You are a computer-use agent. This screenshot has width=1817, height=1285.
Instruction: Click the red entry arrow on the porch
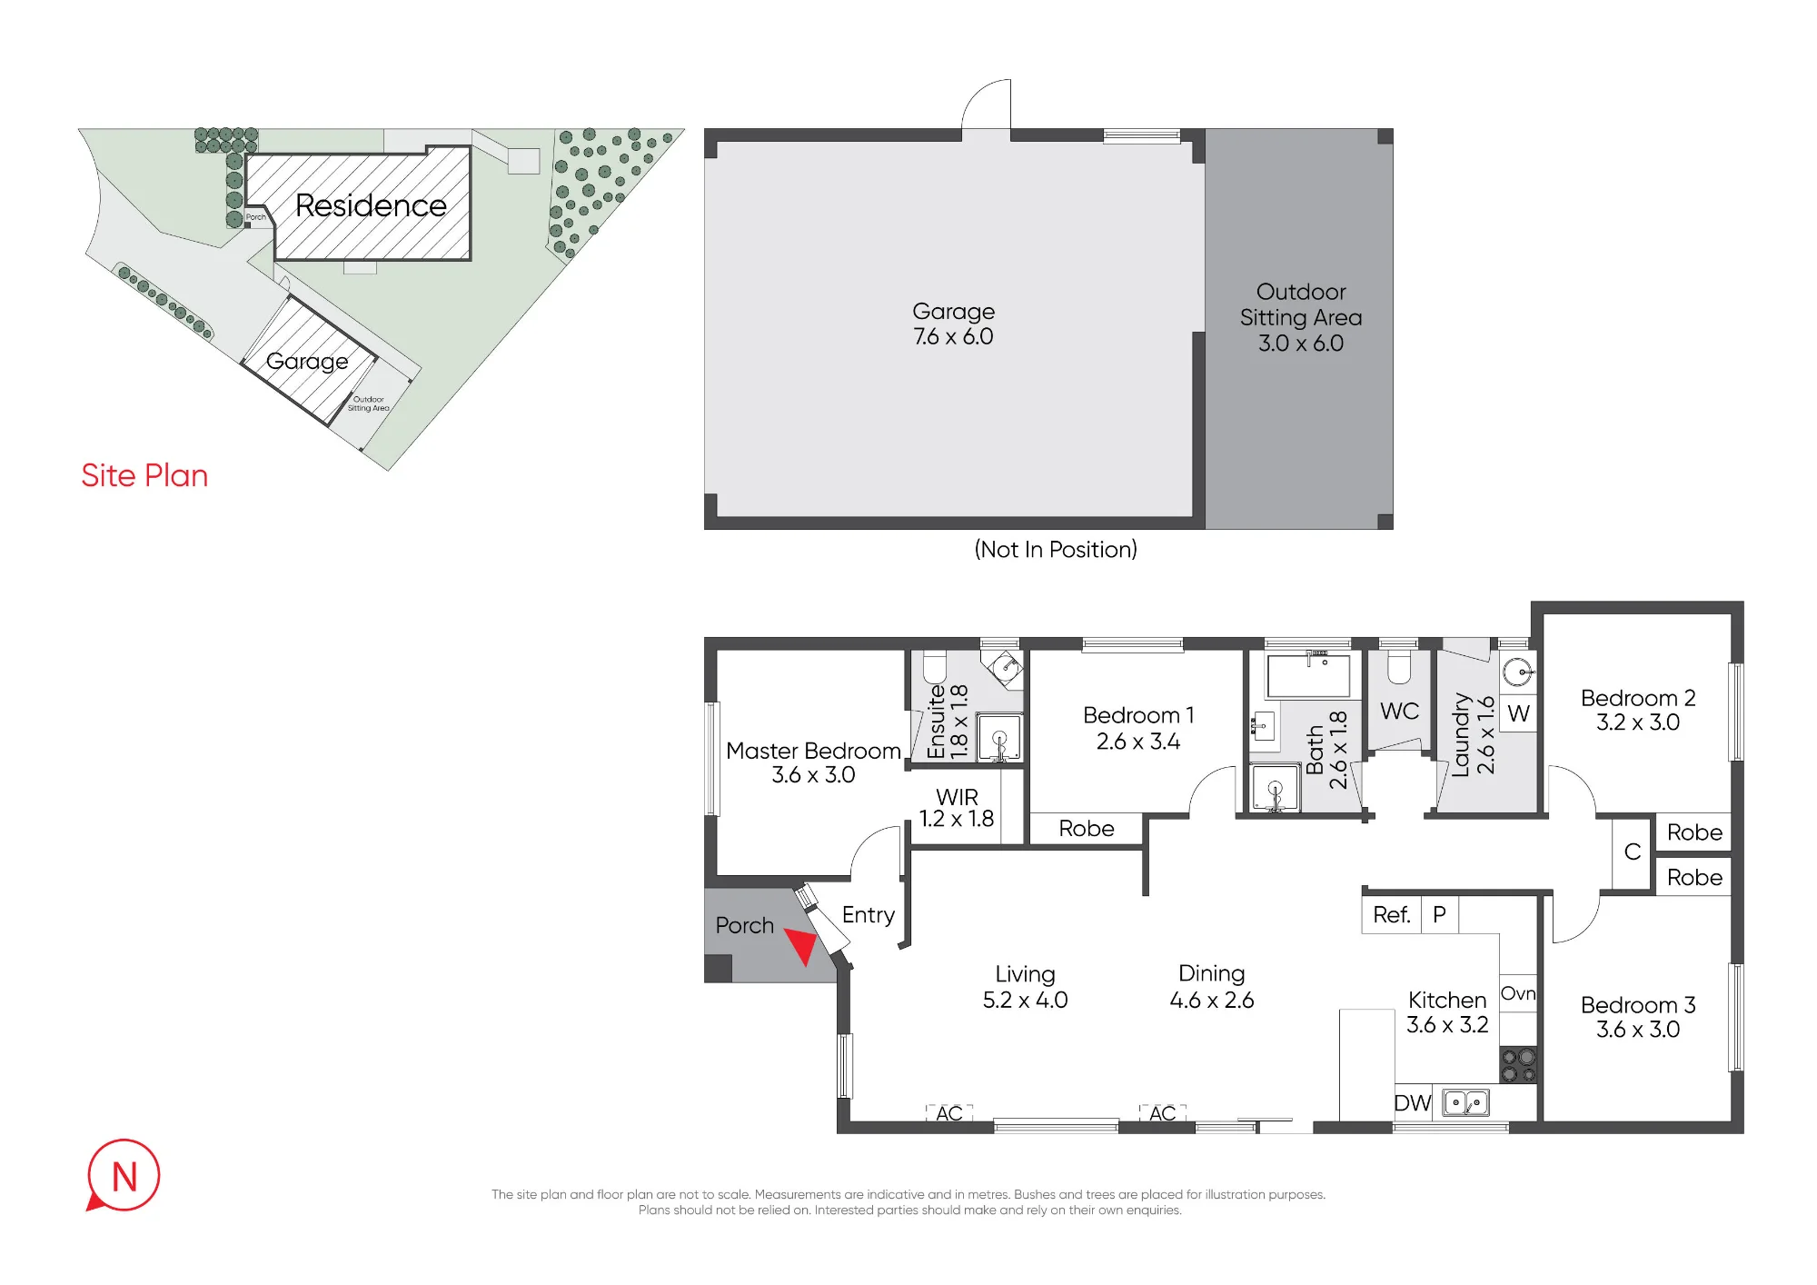tap(801, 944)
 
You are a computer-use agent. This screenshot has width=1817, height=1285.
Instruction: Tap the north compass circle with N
tap(124, 1176)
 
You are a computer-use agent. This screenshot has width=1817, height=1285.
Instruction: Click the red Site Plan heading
tap(144, 475)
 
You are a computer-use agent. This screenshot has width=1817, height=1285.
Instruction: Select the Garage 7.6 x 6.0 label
tap(953, 324)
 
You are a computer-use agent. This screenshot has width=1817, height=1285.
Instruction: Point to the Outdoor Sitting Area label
tap(1301, 317)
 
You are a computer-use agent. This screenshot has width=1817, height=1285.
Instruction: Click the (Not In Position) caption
tap(1056, 549)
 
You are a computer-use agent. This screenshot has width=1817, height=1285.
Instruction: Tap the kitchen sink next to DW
tap(1466, 1103)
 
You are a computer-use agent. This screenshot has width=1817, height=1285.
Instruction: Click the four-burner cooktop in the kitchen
tap(1518, 1065)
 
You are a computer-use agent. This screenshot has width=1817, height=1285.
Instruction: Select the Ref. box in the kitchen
tap(1391, 915)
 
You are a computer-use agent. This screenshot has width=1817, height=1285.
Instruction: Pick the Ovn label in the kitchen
tap(1518, 993)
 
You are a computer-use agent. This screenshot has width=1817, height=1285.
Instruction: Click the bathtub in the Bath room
tap(1308, 676)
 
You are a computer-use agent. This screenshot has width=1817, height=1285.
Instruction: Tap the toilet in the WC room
tap(1399, 667)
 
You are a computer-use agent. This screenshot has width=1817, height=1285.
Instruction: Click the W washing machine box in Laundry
tap(1518, 713)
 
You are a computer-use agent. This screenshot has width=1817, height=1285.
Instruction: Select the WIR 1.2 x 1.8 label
tap(957, 808)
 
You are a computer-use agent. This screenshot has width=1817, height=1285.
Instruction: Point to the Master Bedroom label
tap(813, 762)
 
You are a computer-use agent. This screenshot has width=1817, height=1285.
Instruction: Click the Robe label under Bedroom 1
tap(1087, 829)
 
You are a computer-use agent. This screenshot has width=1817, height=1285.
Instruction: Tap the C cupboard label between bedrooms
tap(1633, 852)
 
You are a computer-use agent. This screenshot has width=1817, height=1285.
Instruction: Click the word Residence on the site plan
tap(371, 205)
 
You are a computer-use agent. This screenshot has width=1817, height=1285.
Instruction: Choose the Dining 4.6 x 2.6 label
tap(1212, 987)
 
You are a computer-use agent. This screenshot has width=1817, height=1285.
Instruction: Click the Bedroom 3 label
tap(1638, 1017)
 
